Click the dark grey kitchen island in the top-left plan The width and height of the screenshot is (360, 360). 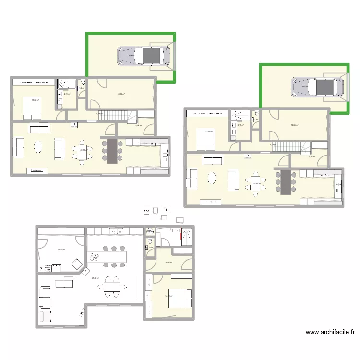pos(112,151)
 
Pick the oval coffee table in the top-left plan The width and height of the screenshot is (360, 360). pos(38,147)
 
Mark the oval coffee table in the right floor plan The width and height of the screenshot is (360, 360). pos(211,178)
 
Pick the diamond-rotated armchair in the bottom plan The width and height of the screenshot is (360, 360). pos(76,264)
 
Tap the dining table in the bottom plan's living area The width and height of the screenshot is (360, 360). pos(112,287)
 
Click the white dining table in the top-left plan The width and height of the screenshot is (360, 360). pos(82,150)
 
